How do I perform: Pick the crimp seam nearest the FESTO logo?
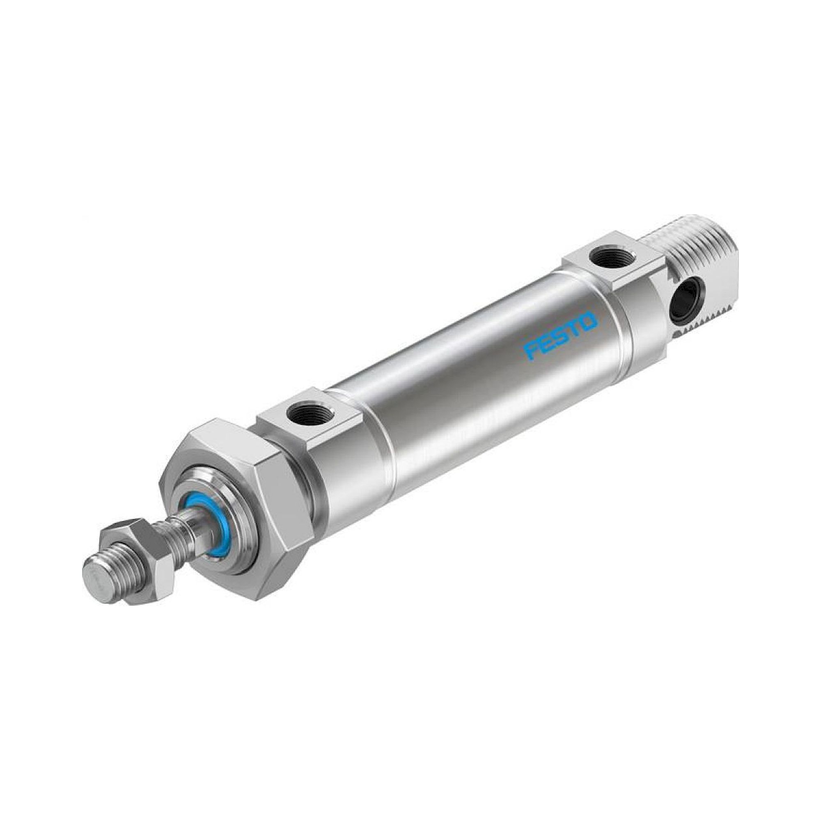coord(618,336)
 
